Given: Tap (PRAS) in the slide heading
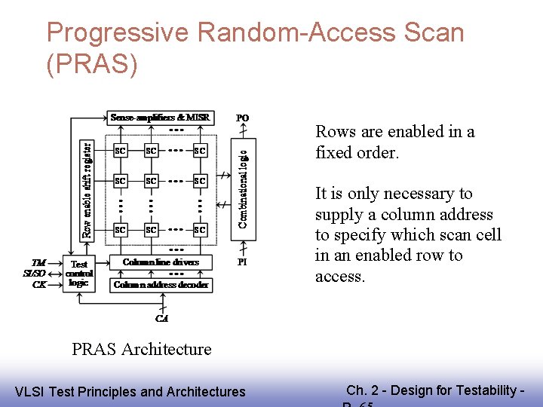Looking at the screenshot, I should [x=92, y=66].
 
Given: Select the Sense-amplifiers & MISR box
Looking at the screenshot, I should [x=160, y=118].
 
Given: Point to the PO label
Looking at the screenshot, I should [x=242, y=118].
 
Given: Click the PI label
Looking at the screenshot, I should [x=242, y=262].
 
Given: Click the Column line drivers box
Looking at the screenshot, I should [x=161, y=262].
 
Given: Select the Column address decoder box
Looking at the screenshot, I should [x=161, y=285].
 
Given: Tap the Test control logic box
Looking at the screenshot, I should [x=78, y=274].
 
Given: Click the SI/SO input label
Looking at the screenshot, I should [x=35, y=274].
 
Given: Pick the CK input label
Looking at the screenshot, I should [x=38, y=284].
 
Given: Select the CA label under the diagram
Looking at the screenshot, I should [x=161, y=319].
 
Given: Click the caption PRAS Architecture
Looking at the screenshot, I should [x=142, y=349].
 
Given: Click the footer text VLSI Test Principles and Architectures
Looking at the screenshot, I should [x=130, y=391].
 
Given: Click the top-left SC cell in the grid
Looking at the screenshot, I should [x=120, y=151].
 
